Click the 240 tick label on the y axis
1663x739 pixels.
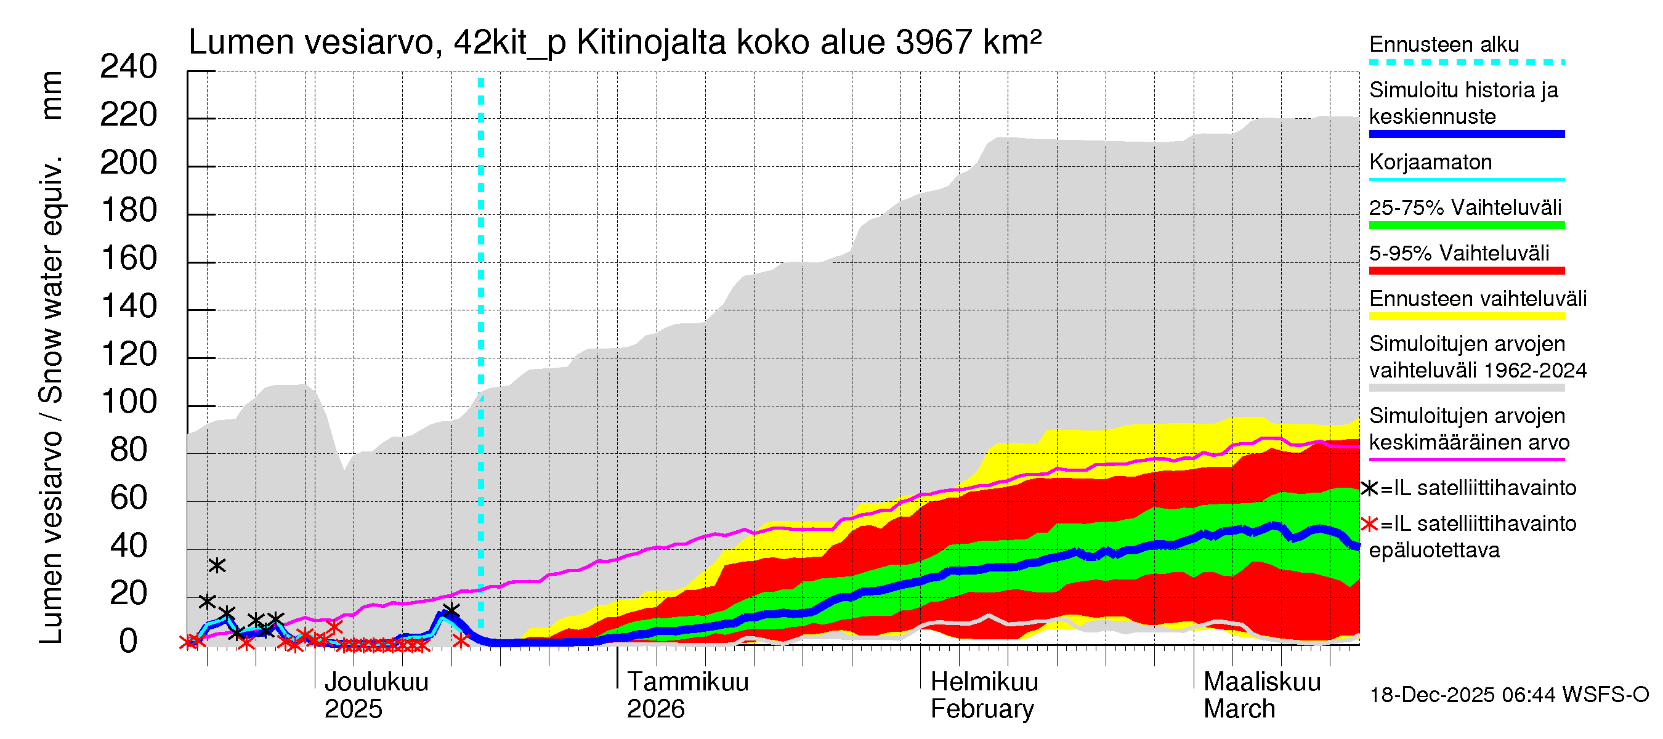[x=129, y=67]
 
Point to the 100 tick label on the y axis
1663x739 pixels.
[x=129, y=403]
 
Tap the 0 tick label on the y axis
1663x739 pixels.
[x=129, y=642]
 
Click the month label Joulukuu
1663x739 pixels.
[x=376, y=682]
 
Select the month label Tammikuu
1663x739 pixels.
[x=687, y=682]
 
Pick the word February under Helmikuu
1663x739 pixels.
[x=982, y=709]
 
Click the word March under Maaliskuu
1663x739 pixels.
[x=1239, y=709]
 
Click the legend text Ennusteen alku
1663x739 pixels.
[x=1444, y=44]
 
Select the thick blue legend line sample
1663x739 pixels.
[x=1466, y=134]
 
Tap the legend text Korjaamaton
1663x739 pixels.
[x=1430, y=162]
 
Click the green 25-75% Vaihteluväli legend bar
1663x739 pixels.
[x=1466, y=225]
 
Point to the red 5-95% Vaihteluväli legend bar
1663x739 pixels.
[x=1466, y=271]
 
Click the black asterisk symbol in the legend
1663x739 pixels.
[x=1369, y=488]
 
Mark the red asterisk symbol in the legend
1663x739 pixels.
[x=1369, y=524]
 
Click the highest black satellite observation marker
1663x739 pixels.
[x=217, y=566]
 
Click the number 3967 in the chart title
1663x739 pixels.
[x=934, y=42]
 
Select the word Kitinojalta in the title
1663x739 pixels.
[x=652, y=42]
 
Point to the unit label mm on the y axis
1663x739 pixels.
[x=52, y=95]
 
